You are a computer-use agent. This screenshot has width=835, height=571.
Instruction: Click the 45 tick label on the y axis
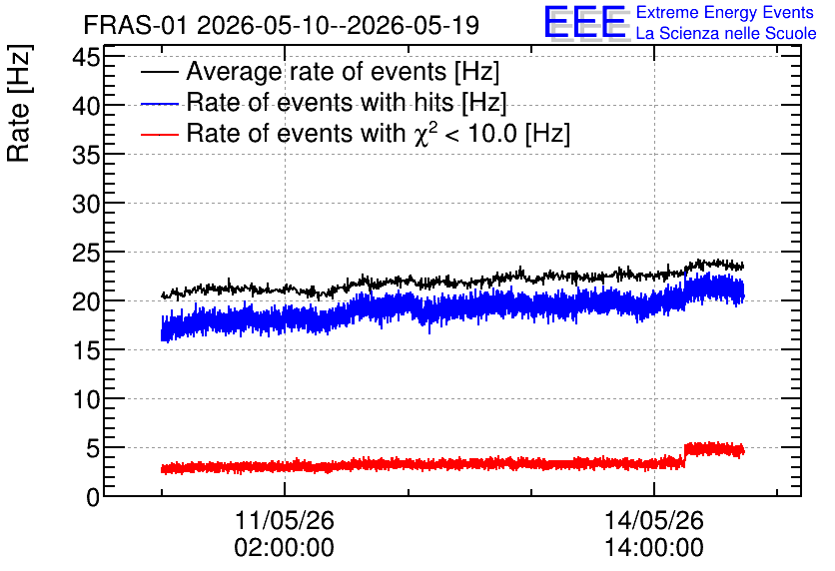86,57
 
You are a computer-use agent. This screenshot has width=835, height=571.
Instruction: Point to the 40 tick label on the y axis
86,106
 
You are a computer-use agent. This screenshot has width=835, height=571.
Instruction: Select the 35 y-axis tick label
86,155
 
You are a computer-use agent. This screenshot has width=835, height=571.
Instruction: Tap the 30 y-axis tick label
86,204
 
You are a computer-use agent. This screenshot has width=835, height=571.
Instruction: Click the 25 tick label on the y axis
86,253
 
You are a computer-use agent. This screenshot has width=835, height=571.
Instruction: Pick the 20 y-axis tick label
86,301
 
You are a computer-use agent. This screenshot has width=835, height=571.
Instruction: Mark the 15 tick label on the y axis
86,350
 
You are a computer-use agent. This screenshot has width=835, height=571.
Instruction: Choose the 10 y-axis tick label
86,399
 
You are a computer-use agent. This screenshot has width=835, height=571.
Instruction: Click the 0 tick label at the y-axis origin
93,497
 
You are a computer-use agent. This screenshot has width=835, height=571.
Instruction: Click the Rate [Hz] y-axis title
19,103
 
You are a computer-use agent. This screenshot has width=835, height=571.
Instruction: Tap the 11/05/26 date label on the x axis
285,520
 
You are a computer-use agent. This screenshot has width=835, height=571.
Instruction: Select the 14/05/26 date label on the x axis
654,520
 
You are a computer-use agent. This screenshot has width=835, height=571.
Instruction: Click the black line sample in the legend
159,72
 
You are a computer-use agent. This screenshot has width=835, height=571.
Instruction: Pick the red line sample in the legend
159,134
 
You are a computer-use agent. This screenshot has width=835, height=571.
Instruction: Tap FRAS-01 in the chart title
135,25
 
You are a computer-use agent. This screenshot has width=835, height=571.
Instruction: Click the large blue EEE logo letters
585,22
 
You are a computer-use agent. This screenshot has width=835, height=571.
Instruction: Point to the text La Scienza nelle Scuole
726,33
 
